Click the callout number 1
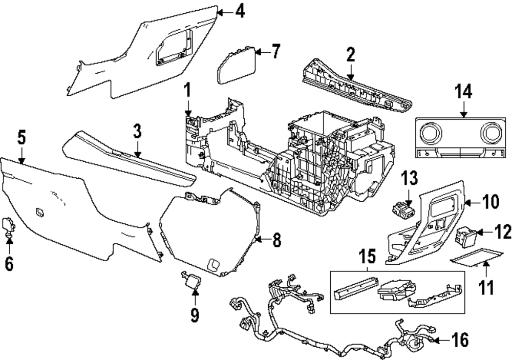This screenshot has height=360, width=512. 187,92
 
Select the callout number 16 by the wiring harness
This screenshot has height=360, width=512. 461,340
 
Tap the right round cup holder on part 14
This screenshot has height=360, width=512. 490,134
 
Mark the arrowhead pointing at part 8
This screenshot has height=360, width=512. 258,239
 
